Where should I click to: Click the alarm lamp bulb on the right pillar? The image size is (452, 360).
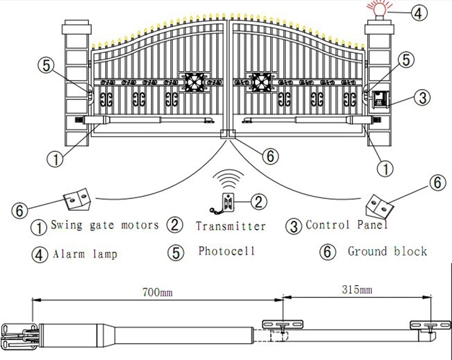tap(378, 10)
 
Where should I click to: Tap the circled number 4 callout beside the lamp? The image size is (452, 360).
tap(419, 12)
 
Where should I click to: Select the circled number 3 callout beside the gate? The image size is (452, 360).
tap(422, 97)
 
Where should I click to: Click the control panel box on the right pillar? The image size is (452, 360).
tap(380, 100)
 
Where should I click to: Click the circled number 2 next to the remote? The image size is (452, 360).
tap(259, 201)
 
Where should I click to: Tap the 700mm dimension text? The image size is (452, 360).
tap(157, 293)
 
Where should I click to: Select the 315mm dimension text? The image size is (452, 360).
tap(357, 289)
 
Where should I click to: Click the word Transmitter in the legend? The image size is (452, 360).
tap(230, 226)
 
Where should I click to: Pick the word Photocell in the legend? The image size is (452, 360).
tap(227, 251)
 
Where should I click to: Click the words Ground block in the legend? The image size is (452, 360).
tap(387, 251)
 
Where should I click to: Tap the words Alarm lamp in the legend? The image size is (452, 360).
tap(85, 254)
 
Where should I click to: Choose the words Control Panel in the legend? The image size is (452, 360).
tap(347, 225)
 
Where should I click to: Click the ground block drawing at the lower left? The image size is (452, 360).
tap(77, 199)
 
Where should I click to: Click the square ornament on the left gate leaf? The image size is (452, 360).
tap(193, 83)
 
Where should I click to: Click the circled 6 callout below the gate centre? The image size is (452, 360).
tap(270, 156)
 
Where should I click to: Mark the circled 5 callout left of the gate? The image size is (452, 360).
tap(46, 66)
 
